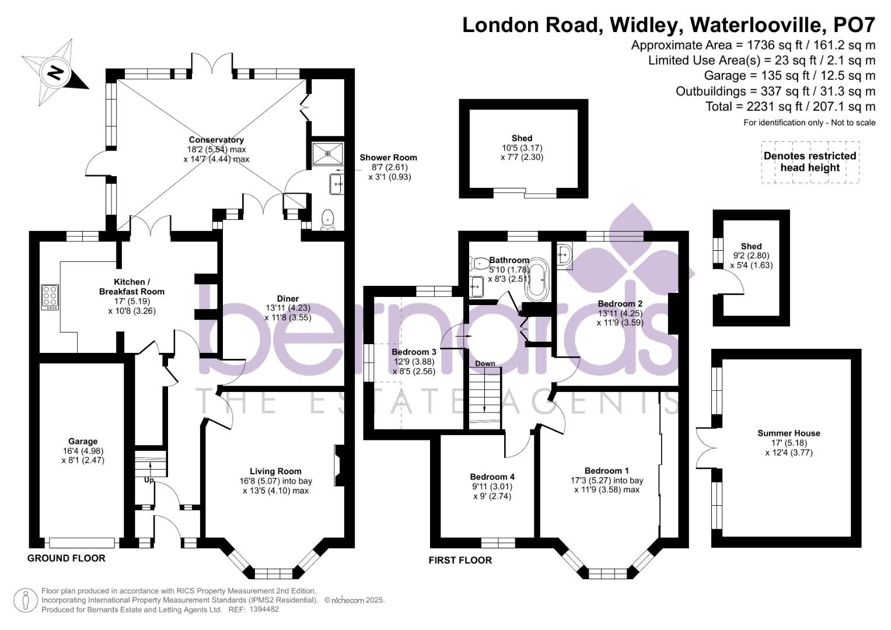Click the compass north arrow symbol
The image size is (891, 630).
[55, 73]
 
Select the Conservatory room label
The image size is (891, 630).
[216, 140]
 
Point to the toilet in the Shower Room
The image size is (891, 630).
[328, 220]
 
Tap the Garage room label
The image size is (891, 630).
[83, 442]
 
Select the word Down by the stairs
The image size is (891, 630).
[485, 363]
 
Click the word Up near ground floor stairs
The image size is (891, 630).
[149, 480]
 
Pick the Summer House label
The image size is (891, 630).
[788, 433]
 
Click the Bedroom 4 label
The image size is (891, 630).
[492, 477]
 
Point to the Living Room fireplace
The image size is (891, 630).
[340, 464]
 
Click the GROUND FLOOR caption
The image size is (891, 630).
[67, 558]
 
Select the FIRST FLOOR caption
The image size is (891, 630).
[460, 560]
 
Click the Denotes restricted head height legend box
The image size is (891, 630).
[810, 162]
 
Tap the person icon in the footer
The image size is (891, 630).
[25, 600]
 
